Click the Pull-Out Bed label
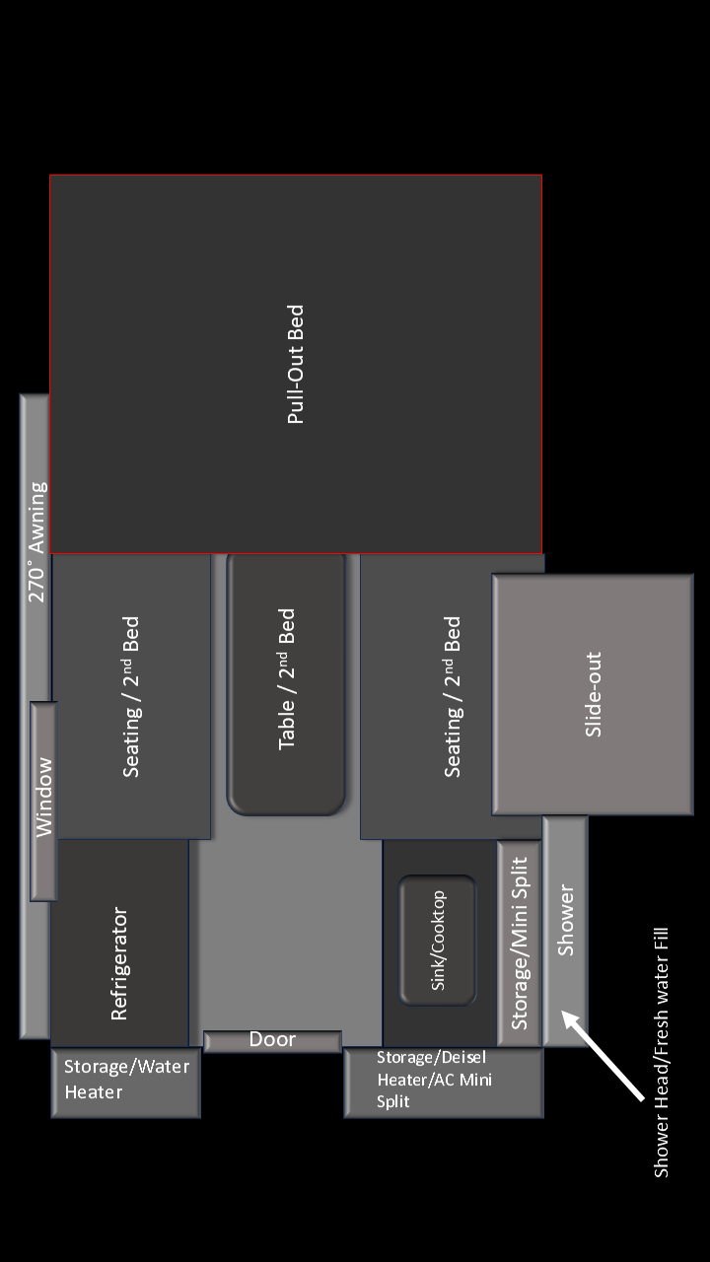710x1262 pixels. coord(296,364)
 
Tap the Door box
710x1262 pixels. coord(273,1041)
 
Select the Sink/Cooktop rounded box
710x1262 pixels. coord(437,940)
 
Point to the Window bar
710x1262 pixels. coord(43,802)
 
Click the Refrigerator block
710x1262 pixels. coord(119,943)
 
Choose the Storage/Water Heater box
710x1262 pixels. coord(125,1083)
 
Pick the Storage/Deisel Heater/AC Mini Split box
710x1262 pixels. coord(444,1083)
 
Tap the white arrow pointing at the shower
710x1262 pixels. coord(602,1054)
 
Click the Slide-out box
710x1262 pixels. coord(593,694)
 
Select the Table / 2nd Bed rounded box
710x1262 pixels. coord(286,684)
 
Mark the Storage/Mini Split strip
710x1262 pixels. coord(519,944)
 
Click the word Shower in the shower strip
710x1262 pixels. coord(565,920)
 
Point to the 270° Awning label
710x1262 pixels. coord(37,542)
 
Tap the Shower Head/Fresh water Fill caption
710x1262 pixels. coord(661,1052)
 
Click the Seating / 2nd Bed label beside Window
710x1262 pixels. coord(131,697)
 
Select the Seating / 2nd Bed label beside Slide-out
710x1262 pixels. coord(452,697)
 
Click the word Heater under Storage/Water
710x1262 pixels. coord(94,1092)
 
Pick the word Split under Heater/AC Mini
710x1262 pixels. coord(392,1102)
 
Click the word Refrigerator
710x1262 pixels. coord(119,963)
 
